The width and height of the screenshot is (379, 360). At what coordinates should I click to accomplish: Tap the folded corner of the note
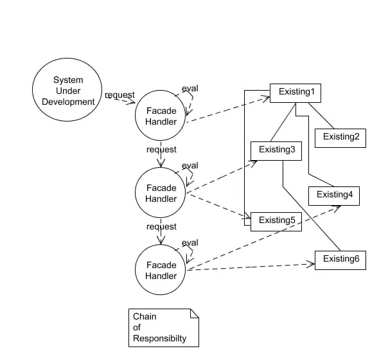coord(195,313)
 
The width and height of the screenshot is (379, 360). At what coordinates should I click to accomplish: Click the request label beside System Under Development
coord(119,94)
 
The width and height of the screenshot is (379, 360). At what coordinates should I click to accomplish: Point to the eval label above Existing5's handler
coord(190,165)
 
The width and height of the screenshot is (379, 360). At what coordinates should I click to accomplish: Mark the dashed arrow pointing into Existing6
coord(251,267)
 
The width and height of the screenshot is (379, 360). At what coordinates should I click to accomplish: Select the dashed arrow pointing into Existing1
coord(228,109)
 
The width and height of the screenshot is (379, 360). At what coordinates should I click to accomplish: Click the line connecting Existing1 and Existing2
coord(321,116)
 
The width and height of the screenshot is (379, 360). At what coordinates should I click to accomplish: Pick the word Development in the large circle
coord(68,102)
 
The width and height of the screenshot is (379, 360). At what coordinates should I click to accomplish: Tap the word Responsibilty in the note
coord(159,338)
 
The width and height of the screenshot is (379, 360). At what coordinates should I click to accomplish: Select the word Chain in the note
coord(145,316)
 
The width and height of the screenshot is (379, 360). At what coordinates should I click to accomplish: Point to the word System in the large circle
coord(68,80)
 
